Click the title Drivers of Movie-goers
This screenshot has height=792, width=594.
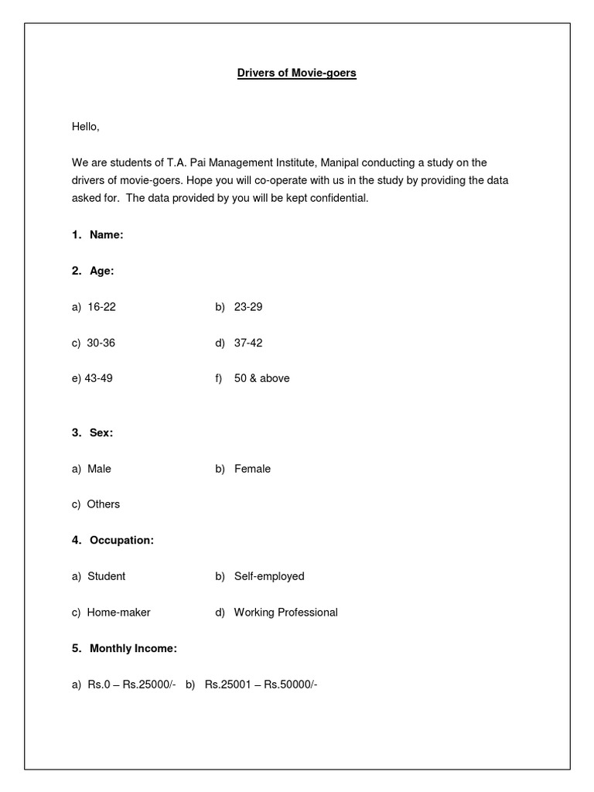tap(296, 73)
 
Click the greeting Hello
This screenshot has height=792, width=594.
tap(86, 126)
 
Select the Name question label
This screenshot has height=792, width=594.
tap(106, 234)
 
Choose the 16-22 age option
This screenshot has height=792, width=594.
tap(101, 307)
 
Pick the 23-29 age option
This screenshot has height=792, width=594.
tap(247, 307)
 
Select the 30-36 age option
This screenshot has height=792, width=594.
tap(101, 343)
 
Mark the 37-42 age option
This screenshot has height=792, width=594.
tap(247, 343)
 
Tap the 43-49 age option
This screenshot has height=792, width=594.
tap(98, 379)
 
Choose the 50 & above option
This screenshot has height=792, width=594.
tap(261, 379)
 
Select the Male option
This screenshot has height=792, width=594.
tap(99, 469)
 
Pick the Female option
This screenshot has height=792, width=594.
tap(252, 469)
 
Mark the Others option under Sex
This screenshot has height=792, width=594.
tap(103, 504)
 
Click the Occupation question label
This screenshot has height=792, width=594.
tap(121, 541)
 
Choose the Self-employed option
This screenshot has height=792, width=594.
tap(268, 576)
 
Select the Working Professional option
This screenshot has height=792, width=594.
tap(285, 613)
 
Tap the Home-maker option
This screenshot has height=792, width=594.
tap(118, 613)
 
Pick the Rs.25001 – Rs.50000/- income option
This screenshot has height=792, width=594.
tap(261, 684)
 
